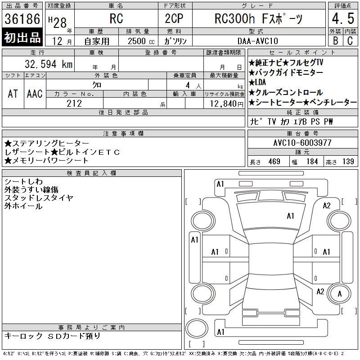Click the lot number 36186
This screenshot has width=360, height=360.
click(22, 19)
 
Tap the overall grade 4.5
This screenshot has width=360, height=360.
click(343, 18)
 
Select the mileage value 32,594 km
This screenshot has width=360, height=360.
click(49, 64)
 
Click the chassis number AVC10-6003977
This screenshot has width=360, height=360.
click(302, 143)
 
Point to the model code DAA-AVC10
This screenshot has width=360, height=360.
click(258, 41)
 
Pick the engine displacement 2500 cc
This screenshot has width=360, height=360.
click(141, 41)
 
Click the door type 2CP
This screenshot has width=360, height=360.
click(174, 18)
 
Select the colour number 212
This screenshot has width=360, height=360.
click(74, 103)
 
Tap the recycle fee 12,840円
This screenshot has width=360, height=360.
click(227, 104)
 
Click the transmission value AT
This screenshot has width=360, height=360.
click(13, 94)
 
